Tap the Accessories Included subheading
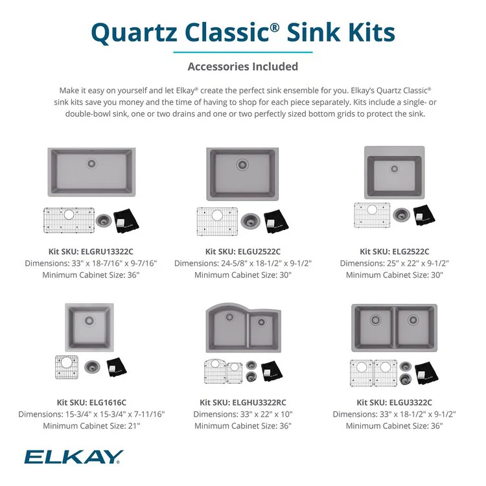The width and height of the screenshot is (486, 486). [x=242, y=66]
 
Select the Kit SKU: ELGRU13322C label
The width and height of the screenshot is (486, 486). [x=91, y=251]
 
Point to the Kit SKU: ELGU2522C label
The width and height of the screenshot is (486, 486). [x=242, y=251]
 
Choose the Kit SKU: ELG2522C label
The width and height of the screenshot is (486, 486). [x=394, y=251]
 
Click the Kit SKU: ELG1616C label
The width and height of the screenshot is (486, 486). [x=91, y=402]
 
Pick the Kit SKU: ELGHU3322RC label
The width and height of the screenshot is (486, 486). [x=242, y=402]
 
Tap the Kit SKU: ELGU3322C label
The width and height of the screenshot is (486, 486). [x=394, y=402]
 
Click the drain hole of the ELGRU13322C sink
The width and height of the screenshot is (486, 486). [x=91, y=163]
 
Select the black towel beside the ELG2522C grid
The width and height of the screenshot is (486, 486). [x=425, y=217]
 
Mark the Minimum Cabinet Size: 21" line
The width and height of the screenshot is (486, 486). [x=91, y=426]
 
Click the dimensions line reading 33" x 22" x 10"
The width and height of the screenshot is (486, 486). [x=242, y=414]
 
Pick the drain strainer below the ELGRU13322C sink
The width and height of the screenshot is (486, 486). [x=102, y=220]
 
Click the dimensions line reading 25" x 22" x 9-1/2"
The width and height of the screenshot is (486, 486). [x=394, y=263]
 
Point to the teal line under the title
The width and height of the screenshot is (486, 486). [x=242, y=52]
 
